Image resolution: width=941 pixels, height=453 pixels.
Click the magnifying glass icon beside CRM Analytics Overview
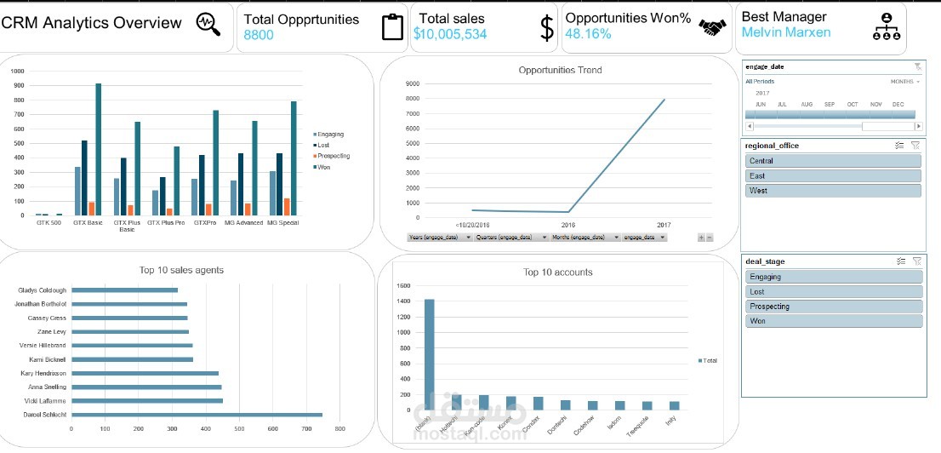[208, 24]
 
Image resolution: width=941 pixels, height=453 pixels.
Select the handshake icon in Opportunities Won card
[713, 28]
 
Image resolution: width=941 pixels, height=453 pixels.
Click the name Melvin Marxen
[786, 32]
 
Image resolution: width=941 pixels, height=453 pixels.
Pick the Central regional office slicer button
[833, 160]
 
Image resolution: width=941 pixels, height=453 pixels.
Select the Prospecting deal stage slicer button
[833, 307]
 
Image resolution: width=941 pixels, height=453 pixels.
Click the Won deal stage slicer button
[833, 321]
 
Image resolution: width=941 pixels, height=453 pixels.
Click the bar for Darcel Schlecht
[197, 415]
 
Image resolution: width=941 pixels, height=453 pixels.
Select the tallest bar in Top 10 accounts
[429, 354]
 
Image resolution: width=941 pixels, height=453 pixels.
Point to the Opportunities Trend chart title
[560, 70]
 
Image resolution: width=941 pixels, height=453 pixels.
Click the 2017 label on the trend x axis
[664, 225]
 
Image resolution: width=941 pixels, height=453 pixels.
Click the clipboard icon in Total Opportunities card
[392, 27]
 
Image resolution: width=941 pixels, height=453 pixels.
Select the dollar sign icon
[547, 28]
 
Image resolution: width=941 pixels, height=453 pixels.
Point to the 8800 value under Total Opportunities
[259, 35]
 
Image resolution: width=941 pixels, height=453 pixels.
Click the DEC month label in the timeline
[898, 104]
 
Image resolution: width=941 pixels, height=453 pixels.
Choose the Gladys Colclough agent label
[42, 290]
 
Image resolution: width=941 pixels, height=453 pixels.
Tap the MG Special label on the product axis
[282, 223]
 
